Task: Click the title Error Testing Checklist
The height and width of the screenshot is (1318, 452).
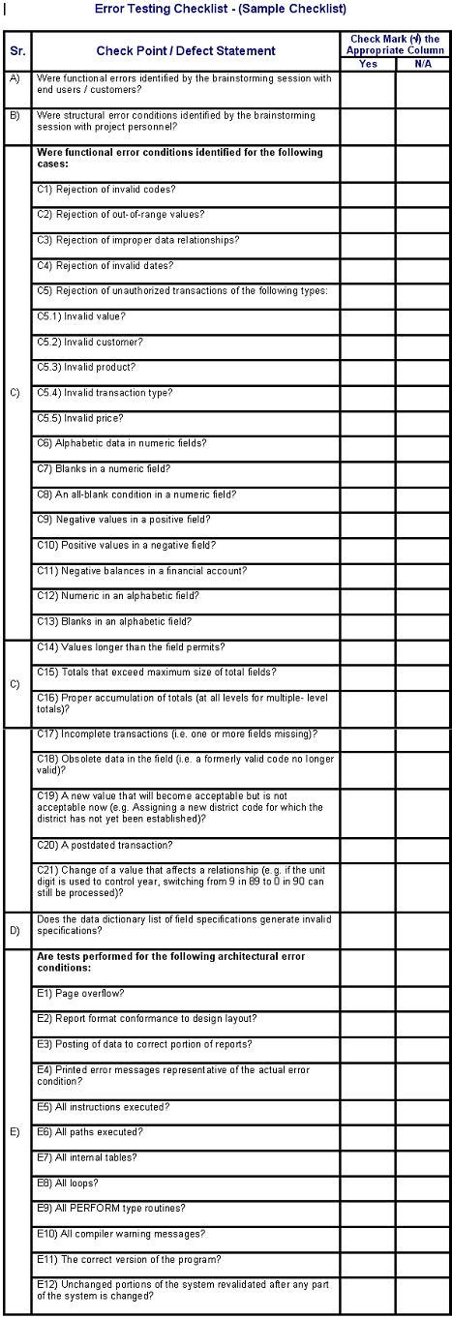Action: coord(221,8)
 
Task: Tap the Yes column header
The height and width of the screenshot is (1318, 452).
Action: coord(368,64)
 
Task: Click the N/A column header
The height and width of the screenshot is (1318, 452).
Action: coord(423,64)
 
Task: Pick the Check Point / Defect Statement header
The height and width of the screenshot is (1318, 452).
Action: coord(185,50)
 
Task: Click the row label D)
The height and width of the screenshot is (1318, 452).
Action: coord(15,931)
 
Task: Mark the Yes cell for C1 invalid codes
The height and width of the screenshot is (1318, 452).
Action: coord(368,192)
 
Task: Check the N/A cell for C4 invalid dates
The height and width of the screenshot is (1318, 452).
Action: coord(423,268)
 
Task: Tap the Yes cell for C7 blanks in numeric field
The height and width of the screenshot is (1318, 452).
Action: coord(368,471)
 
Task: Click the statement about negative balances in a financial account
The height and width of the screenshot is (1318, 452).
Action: coord(141,571)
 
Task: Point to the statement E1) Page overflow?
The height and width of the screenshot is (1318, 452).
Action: coord(80,993)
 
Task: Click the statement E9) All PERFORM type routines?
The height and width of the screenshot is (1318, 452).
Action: coord(110,1208)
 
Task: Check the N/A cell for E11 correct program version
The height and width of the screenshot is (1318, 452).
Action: coord(423,1261)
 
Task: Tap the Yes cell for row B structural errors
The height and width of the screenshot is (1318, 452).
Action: coord(368,121)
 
